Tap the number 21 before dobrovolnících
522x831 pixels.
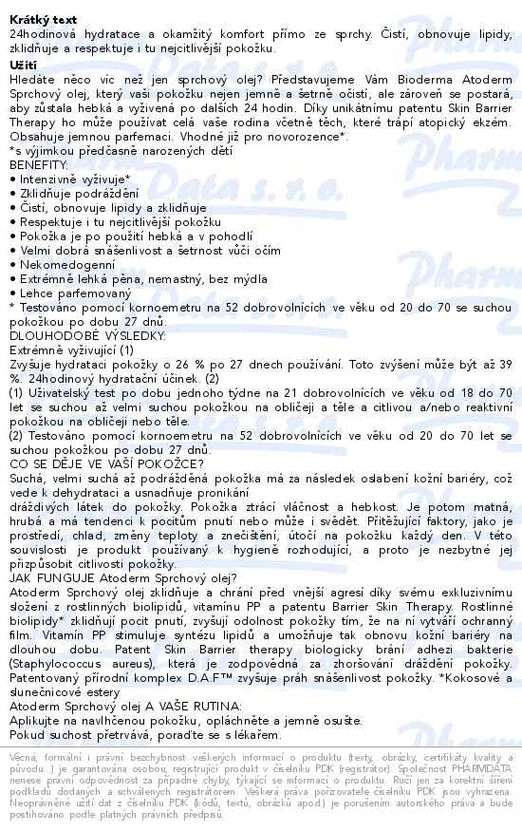296,391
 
